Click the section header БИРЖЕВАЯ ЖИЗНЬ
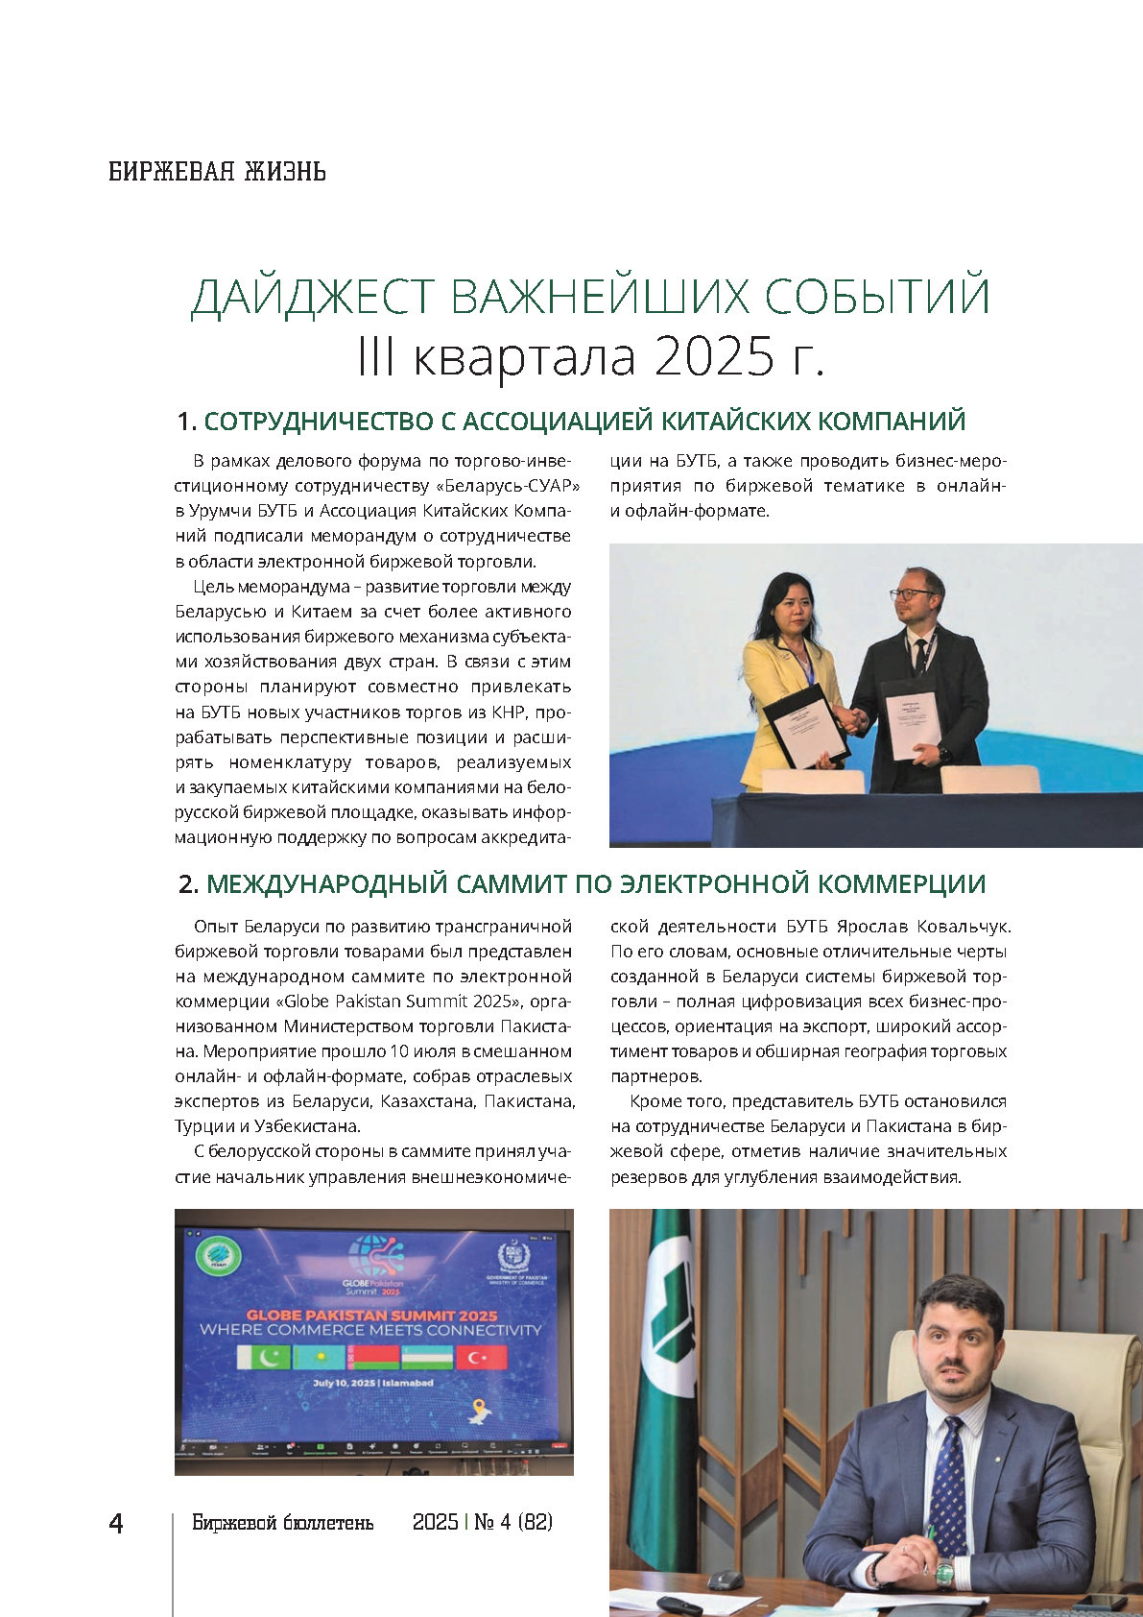pos(217,172)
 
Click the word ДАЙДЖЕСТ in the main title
pos(312,297)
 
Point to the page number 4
pos(116,1524)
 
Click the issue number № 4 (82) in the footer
pos(513,1522)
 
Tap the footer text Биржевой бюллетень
pos(282,1523)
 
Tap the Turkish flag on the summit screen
pos(481,1358)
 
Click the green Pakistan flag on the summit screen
pos(262,1358)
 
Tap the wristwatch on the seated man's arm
pos(944,1572)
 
